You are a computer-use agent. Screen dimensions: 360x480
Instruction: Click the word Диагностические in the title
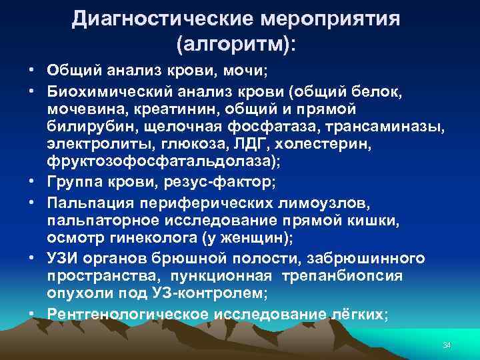coord(151,18)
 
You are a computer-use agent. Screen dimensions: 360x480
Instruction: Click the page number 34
coord(447,345)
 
